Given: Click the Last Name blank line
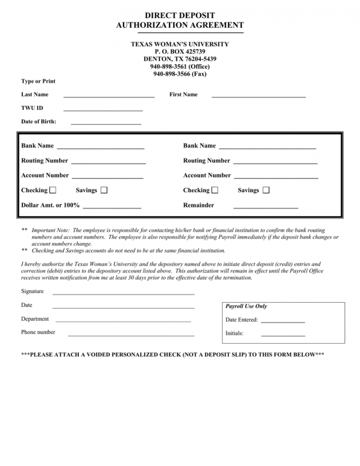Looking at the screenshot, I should click(x=109, y=96).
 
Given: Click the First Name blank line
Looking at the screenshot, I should click(x=258, y=96).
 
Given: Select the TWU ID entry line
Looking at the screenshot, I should click(x=103, y=109).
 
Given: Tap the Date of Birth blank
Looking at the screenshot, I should click(x=106, y=123).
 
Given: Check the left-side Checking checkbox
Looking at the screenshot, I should click(x=53, y=190).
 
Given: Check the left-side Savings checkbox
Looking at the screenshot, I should click(x=104, y=190).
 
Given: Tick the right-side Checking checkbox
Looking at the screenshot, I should click(x=215, y=190).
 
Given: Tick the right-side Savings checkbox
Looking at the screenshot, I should click(x=266, y=190).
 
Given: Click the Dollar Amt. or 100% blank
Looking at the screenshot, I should click(x=112, y=207).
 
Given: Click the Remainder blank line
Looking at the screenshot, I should click(x=265, y=207).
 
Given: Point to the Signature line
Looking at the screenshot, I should click(x=123, y=293).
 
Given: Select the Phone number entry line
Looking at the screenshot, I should click(x=131, y=335).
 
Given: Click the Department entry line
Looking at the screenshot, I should click(x=123, y=321).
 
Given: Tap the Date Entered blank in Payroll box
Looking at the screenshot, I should click(x=283, y=321).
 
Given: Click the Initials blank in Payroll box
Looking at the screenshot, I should click(x=283, y=335).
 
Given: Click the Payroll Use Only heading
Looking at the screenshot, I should click(x=246, y=306).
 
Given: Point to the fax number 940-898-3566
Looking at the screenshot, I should click(x=179, y=74).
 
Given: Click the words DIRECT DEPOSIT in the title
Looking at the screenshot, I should click(x=180, y=16).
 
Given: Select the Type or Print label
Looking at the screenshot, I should click(x=38, y=81).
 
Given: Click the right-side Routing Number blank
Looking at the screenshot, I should click(x=276, y=163).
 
